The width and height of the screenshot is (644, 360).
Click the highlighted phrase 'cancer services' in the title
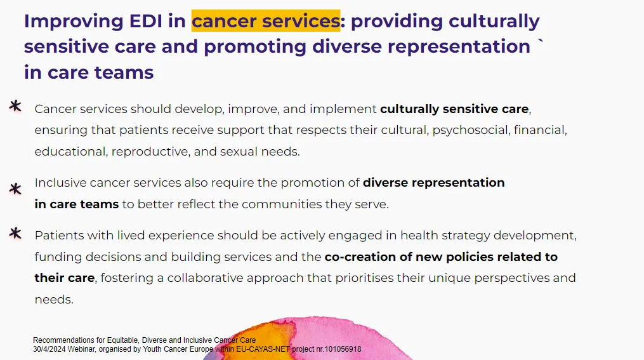coord(266,21)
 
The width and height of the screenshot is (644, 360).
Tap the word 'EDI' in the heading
coord(145,22)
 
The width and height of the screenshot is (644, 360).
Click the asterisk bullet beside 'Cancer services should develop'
coord(15,106)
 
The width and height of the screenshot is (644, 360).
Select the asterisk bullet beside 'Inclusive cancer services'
coord(15,189)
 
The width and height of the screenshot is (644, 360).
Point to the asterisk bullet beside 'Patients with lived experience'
coord(15,233)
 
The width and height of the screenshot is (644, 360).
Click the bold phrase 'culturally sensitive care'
coord(454,109)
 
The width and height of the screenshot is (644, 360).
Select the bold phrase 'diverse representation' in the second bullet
coord(434,182)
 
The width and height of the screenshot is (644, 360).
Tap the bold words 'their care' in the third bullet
coord(65,278)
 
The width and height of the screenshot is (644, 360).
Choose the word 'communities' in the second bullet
coord(282,204)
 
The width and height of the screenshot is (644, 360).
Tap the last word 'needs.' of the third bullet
coord(54,300)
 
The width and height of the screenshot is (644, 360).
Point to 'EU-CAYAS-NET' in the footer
coord(263,349)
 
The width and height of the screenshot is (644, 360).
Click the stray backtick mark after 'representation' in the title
coord(540,41)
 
